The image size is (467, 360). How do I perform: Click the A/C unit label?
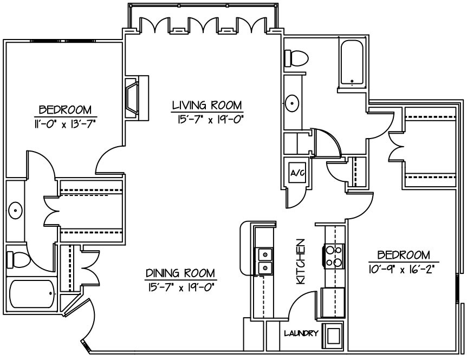click(x=296, y=174)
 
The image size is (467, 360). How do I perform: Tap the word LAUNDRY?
click(x=301, y=333)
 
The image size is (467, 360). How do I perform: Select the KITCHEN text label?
click(x=301, y=262)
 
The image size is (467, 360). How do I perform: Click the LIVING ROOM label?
click(x=207, y=104)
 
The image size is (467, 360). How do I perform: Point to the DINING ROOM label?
click(x=181, y=272)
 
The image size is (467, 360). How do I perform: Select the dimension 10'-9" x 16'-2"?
click(x=404, y=267)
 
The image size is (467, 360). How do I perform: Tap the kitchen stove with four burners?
click(x=333, y=256)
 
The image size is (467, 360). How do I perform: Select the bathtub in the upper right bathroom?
click(x=354, y=63)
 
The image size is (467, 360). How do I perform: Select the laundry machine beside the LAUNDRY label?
click(x=332, y=337)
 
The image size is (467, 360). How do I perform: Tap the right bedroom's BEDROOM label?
click(x=404, y=254)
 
